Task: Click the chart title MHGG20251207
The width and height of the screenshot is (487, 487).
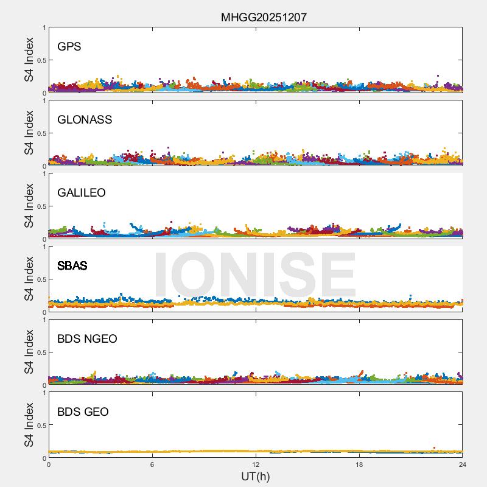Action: (263, 18)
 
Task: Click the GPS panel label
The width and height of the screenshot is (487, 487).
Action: (69, 46)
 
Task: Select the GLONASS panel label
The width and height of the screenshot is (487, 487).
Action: (85, 119)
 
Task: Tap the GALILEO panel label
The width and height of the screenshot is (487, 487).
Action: (82, 192)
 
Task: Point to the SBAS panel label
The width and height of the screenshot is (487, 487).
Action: (72, 265)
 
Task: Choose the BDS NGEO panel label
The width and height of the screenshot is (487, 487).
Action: (87, 338)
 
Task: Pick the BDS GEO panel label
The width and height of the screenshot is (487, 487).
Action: (83, 412)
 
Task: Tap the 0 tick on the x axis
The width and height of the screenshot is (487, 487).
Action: (49, 464)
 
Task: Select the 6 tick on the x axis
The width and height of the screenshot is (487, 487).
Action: (152, 464)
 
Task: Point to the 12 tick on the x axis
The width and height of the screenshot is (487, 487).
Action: (256, 464)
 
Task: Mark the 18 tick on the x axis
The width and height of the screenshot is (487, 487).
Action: (359, 464)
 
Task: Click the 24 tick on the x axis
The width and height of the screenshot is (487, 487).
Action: (463, 464)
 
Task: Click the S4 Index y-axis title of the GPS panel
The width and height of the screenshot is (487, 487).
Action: (29, 60)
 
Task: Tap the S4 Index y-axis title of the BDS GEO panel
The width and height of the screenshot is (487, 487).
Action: (29, 425)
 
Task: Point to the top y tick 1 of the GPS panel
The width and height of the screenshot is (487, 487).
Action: (44, 28)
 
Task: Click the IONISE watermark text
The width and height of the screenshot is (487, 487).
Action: (254, 275)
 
